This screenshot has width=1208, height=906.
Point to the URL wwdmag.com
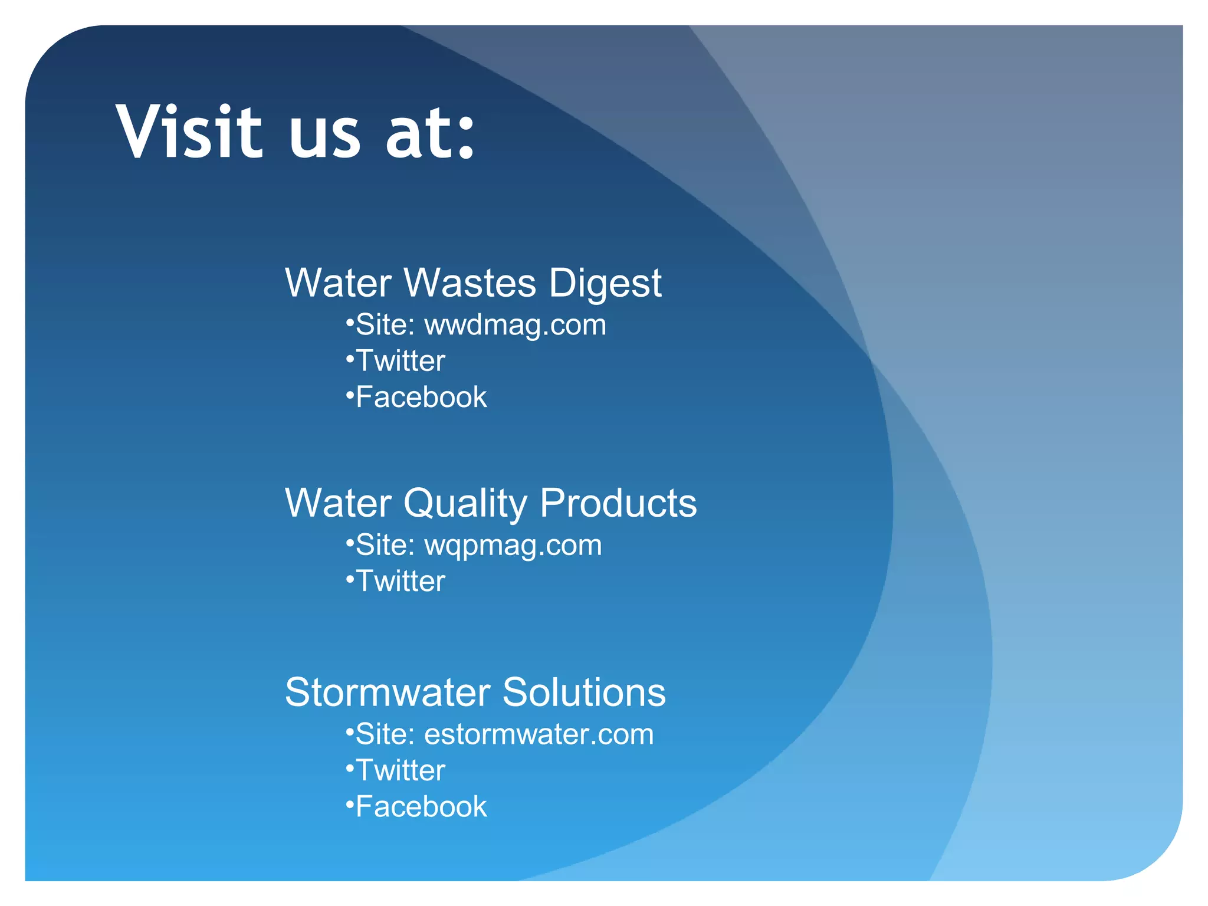(x=515, y=325)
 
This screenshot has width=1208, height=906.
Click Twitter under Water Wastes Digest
(x=401, y=361)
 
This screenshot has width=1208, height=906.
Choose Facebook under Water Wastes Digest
(x=421, y=397)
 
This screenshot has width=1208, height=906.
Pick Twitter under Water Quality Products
(x=401, y=581)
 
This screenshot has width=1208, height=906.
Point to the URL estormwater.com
(x=539, y=734)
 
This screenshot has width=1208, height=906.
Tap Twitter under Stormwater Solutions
(x=401, y=770)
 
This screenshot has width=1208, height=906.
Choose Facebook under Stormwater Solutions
(x=421, y=806)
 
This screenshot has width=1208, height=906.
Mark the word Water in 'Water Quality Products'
(x=338, y=503)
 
